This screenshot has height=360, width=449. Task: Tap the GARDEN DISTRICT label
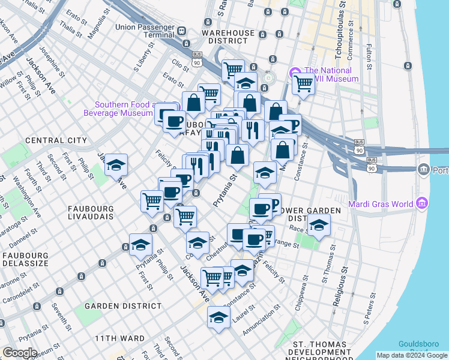pyautogui.click(x=123, y=306)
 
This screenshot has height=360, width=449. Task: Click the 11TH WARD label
pyautogui.click(x=119, y=338)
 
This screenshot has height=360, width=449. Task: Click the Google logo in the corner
pyautogui.click(x=20, y=353)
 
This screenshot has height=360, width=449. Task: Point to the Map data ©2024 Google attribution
pyautogui.click(x=412, y=355)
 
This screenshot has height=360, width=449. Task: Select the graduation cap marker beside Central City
pyautogui.click(x=116, y=164)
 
